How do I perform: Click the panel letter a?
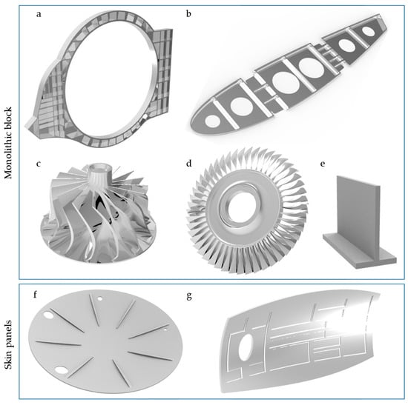point(39,14)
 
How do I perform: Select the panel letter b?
point(188,13)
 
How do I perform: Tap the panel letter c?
point(39,164)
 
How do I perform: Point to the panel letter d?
point(189,164)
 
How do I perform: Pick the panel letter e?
point(323,164)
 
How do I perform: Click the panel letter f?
point(36,295)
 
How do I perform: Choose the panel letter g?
point(189,296)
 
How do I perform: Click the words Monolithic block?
point(8,143)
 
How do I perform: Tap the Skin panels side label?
point(8,344)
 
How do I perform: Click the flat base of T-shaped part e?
point(360,252)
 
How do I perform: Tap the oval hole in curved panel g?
point(246,347)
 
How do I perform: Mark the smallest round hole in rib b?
point(368,32)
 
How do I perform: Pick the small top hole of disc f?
point(99,298)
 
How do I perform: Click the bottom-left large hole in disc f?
point(61,369)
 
